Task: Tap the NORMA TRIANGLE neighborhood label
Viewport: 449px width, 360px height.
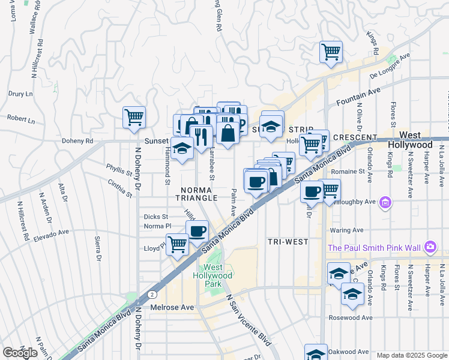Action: click(197, 193)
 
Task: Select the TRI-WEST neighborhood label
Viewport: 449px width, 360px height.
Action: click(288, 242)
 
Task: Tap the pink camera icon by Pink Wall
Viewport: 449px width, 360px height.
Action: click(429, 247)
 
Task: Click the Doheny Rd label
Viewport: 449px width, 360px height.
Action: click(77, 141)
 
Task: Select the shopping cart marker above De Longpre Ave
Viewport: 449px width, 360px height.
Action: click(331, 52)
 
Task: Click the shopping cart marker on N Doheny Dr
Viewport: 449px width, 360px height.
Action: click(134, 117)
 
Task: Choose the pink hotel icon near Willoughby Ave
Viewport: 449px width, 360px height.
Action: click(385, 204)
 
